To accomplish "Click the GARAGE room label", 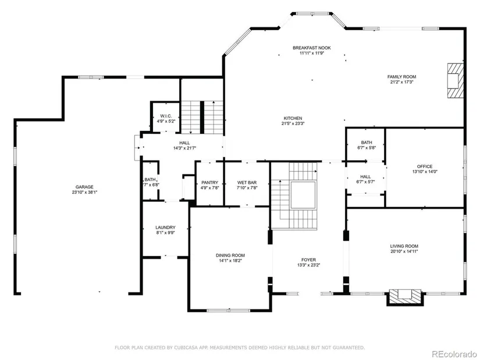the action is [84, 187].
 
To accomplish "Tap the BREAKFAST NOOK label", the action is [312, 48].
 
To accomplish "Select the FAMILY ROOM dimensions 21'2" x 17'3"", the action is [401, 82].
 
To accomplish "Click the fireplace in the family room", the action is [455, 80].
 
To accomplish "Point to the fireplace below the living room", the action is [406, 297].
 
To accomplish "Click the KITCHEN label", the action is [293, 118].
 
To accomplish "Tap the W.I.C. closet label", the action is [166, 116].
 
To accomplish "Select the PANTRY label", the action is [209, 183].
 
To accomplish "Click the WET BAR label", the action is [247, 183].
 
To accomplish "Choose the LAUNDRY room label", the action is [165, 227].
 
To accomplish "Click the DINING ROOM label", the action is [230, 255].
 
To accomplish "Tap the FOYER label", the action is [308, 260].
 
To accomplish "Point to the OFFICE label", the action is [425, 166].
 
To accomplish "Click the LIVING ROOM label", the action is [404, 246].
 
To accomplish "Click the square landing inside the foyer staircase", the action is [303, 195].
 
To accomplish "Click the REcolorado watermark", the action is [454, 354].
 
